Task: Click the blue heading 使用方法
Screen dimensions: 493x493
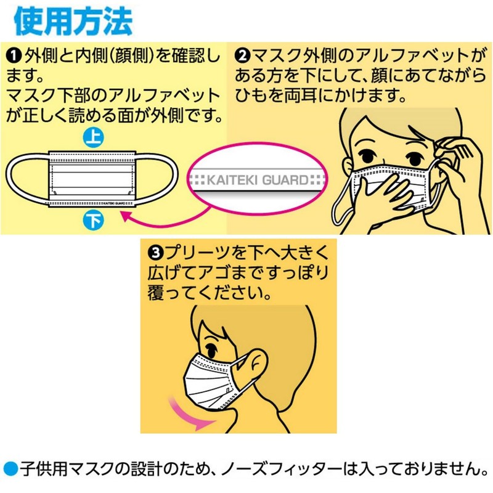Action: (x=73, y=22)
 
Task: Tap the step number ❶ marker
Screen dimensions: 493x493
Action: (x=14, y=56)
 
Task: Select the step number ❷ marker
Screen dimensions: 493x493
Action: (x=242, y=56)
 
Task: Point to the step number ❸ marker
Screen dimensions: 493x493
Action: (x=155, y=253)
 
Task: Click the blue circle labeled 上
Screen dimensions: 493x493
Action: (x=94, y=138)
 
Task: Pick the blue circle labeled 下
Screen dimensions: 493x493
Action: (x=94, y=221)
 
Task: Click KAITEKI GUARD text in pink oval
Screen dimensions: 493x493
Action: (x=258, y=180)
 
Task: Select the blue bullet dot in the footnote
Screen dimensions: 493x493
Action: (x=11, y=469)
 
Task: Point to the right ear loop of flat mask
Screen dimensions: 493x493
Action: (x=157, y=179)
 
